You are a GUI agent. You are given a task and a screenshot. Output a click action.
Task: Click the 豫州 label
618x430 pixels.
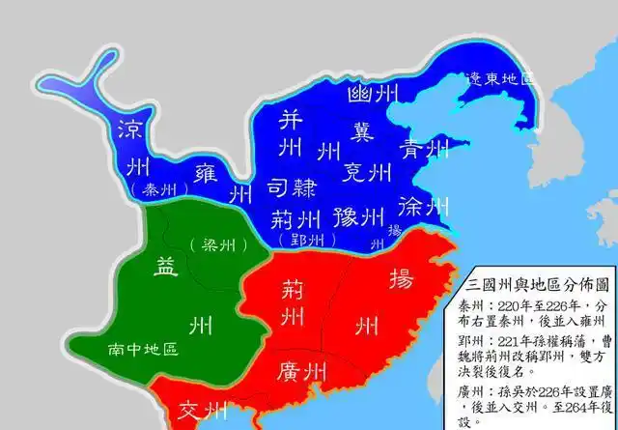tap(357, 215)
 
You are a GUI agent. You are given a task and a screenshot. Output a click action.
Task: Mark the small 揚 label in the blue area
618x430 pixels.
tap(392, 231)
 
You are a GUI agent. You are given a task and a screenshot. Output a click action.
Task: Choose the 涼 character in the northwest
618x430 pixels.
tap(131, 130)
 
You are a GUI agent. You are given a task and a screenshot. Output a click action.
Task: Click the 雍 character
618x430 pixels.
tap(205, 174)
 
